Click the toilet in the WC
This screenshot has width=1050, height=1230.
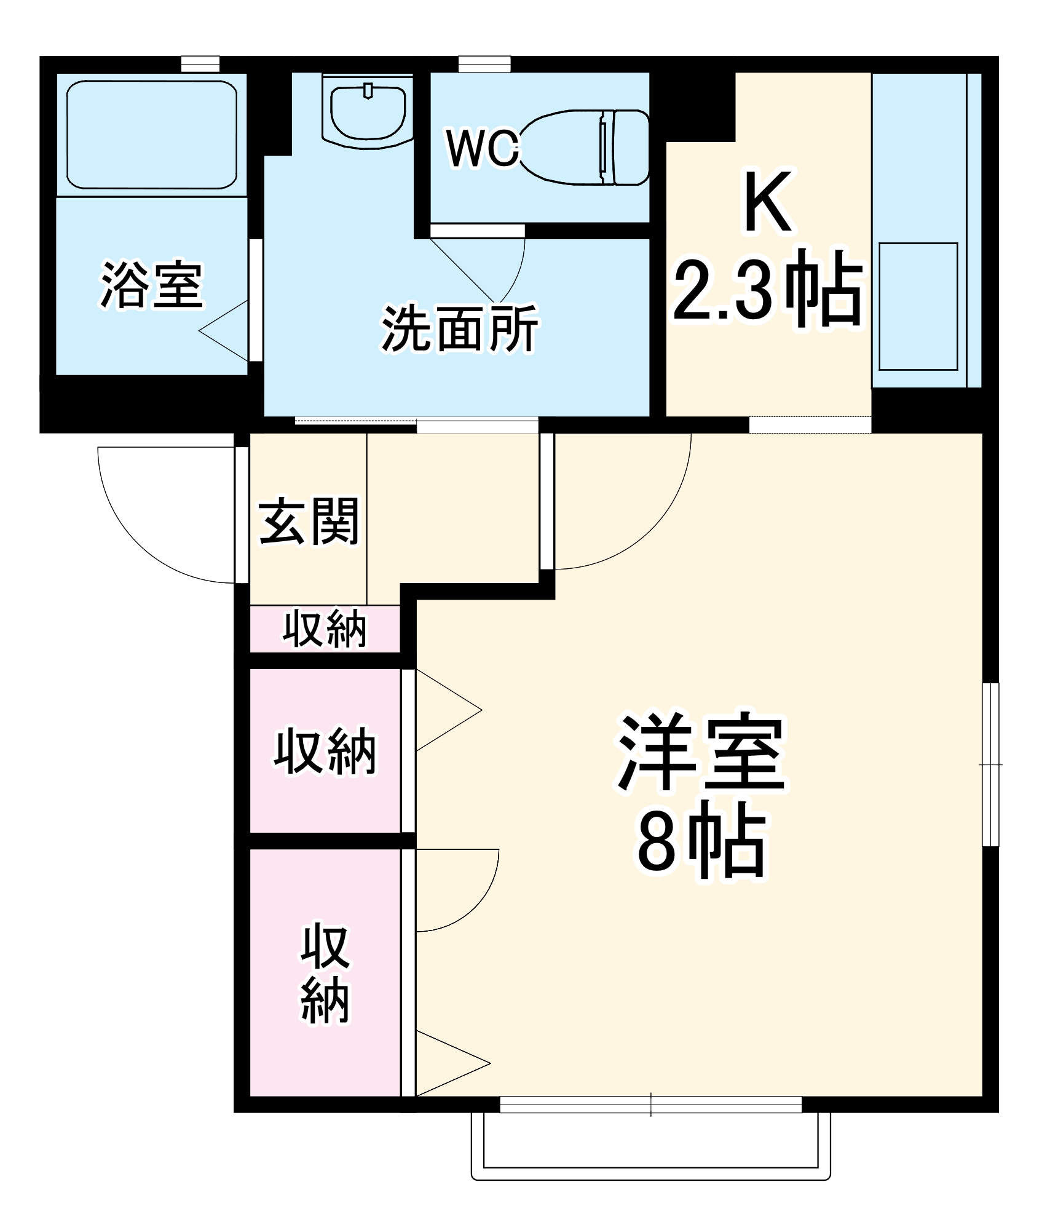[x=584, y=148]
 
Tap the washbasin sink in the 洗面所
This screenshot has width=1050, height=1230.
[x=368, y=113]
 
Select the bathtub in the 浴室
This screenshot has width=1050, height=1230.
[x=151, y=135]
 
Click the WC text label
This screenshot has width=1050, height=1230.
[x=483, y=148]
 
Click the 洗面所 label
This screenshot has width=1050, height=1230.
[x=459, y=328]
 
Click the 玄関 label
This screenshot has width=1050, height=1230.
[x=309, y=522]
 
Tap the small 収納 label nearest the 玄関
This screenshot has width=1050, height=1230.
[x=325, y=629]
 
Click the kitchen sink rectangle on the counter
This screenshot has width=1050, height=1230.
[x=918, y=306]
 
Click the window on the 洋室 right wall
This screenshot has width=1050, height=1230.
[x=990, y=764]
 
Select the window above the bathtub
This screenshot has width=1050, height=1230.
[x=200, y=64]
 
